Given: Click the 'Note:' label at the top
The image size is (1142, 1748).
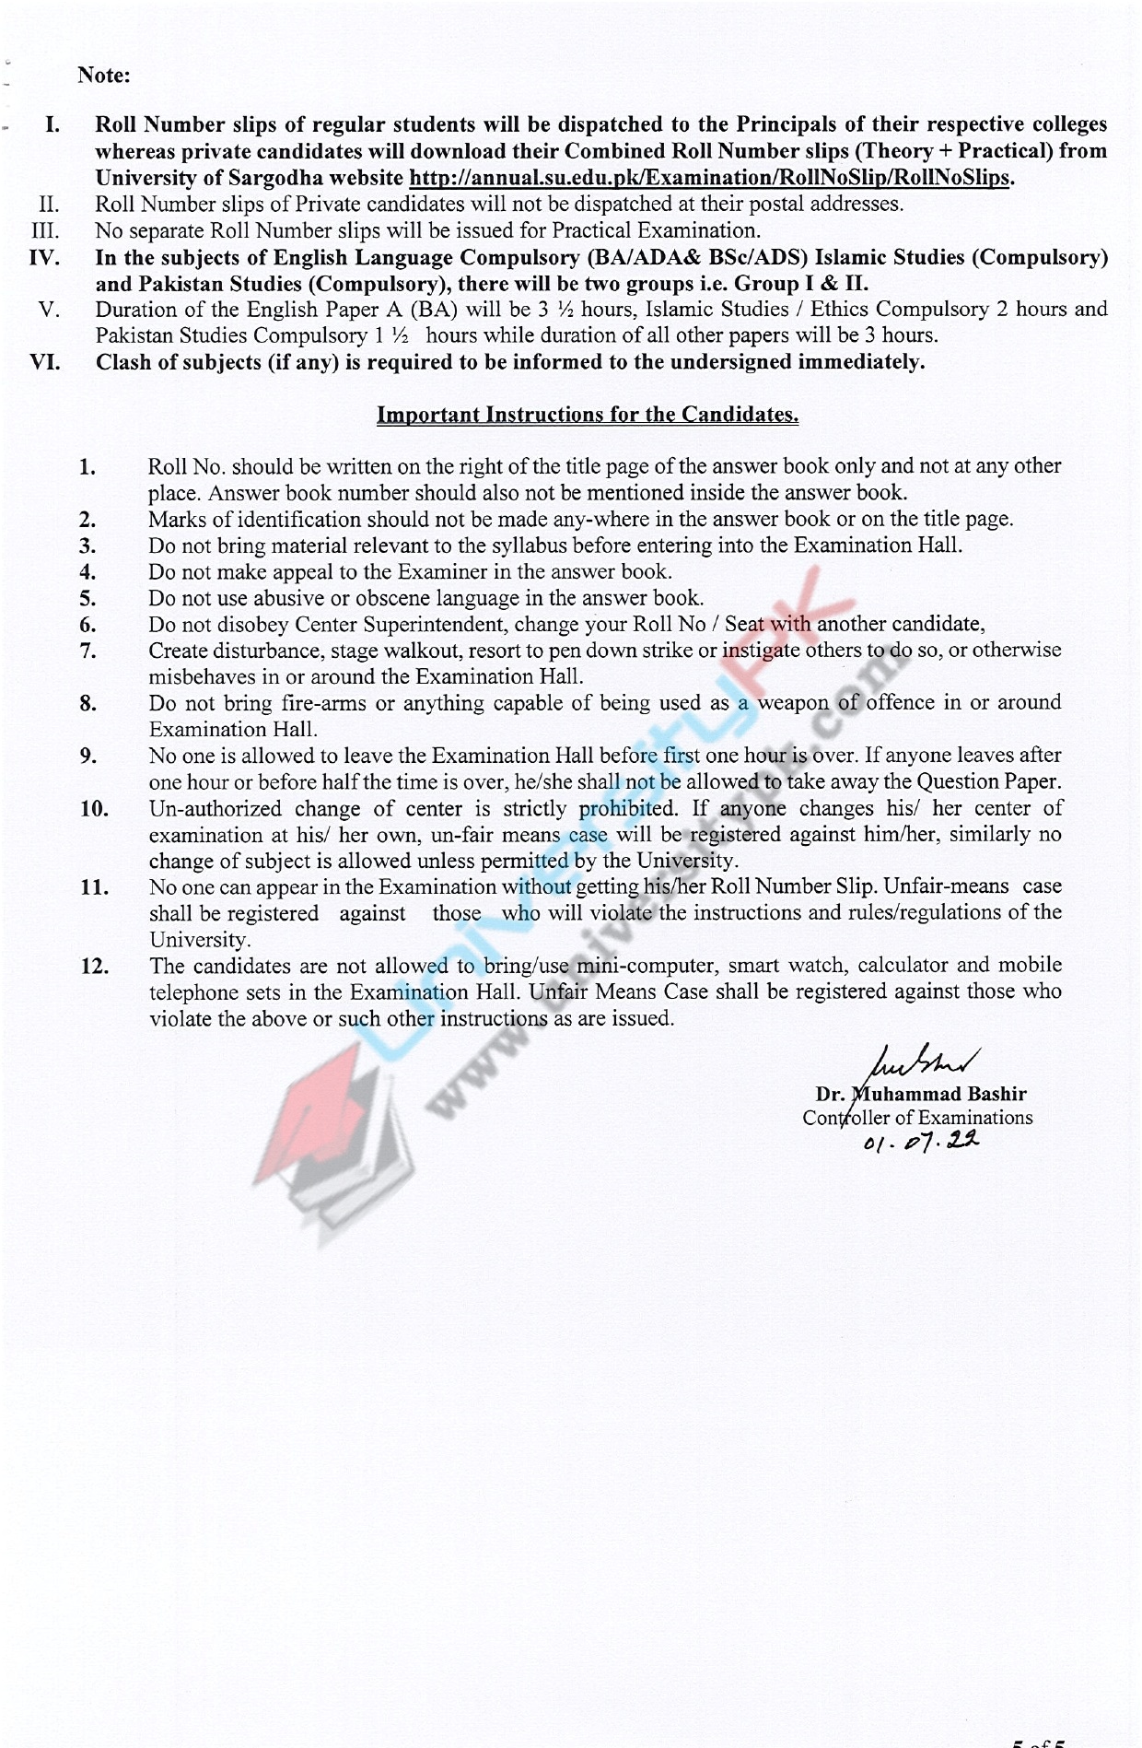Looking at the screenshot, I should (x=104, y=76).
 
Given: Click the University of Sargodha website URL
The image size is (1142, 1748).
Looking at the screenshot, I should (x=709, y=178).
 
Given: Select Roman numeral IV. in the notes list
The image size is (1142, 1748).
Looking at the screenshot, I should (x=45, y=257).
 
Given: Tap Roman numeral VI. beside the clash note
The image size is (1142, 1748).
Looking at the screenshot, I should (x=45, y=362).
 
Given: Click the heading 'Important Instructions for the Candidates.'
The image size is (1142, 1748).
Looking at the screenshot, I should (x=588, y=415).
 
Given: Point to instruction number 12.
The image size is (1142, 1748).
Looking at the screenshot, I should (x=95, y=967).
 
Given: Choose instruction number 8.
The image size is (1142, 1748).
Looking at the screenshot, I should (x=87, y=704).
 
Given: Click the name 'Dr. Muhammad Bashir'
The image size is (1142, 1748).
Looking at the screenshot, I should (x=921, y=1095).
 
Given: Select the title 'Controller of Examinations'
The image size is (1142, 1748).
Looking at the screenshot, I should (x=917, y=1118).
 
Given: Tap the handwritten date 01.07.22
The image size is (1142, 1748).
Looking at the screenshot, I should (x=921, y=1144).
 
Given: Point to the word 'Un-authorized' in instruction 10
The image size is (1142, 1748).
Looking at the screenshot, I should (x=216, y=809).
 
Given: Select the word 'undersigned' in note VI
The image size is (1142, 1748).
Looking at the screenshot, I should (x=730, y=362).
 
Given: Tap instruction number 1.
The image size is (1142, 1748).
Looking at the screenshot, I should (x=87, y=467).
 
